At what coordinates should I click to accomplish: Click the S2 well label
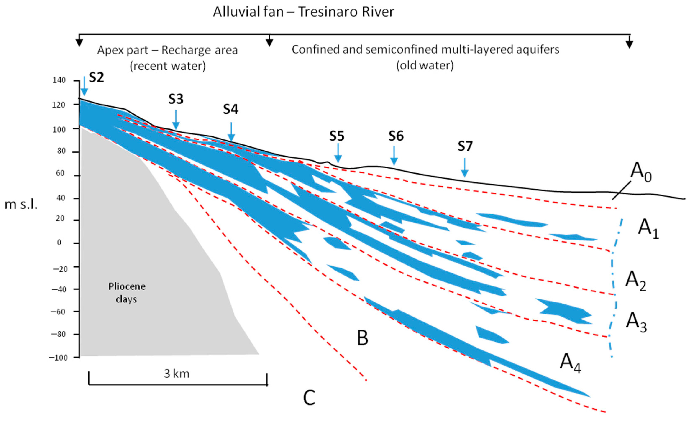tap(96, 77)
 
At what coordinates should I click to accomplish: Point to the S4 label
tap(230, 109)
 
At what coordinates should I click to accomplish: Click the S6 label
tap(396, 136)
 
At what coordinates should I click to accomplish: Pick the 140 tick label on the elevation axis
tap(59, 80)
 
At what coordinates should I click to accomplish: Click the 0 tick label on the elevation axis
tap(59, 243)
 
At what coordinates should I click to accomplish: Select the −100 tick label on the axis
tap(58, 358)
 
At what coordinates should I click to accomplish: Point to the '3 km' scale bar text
tap(177, 374)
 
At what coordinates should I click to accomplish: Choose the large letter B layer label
tap(362, 338)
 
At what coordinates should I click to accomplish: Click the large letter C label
tap(309, 398)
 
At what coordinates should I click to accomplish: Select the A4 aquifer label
tap(570, 363)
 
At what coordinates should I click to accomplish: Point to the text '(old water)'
tap(425, 65)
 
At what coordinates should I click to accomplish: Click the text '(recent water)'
tap(168, 66)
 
